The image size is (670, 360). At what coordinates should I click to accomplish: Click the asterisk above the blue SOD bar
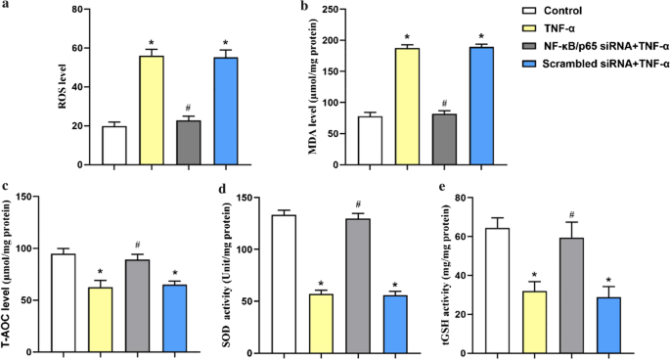367,283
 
